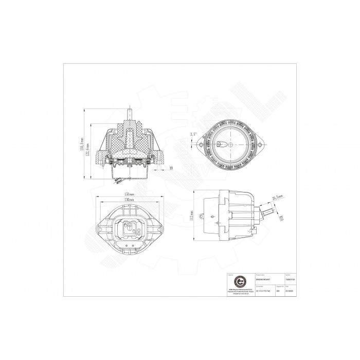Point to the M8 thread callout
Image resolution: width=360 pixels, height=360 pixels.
(170, 168)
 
